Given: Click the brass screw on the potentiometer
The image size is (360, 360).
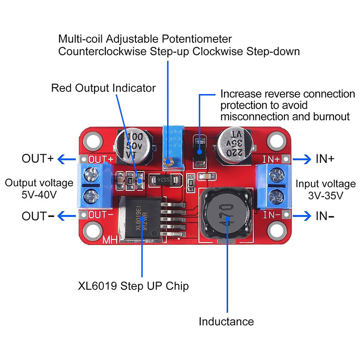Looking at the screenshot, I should [x=169, y=162].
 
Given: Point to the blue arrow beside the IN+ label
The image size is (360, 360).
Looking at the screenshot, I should [x=301, y=159].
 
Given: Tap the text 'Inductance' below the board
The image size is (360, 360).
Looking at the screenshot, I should [x=226, y=321].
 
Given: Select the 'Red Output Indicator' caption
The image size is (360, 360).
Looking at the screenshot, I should [x=103, y=88].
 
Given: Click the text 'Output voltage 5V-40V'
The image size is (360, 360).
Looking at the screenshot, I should [x=39, y=189].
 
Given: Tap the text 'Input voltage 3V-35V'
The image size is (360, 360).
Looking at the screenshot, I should [x=325, y=190].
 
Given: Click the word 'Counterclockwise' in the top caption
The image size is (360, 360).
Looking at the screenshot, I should [x=102, y=51].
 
